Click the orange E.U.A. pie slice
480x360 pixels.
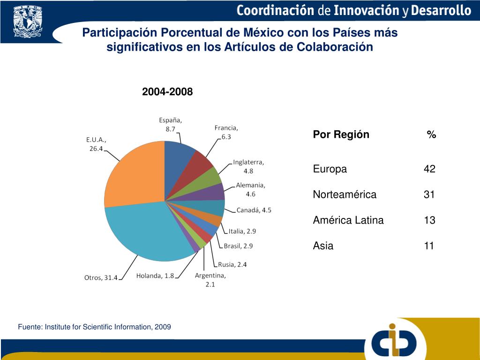(x=134, y=176)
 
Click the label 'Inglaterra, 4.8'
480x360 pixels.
(x=248, y=166)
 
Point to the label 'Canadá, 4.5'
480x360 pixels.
(x=254, y=210)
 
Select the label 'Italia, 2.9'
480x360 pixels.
(x=242, y=231)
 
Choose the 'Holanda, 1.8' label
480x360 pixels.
(x=155, y=276)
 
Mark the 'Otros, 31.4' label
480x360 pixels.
(x=101, y=277)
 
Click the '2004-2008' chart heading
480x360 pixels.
(x=167, y=92)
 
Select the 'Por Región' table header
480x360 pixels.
(x=341, y=135)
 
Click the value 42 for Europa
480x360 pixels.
(x=429, y=169)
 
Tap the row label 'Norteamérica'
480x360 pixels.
(x=345, y=195)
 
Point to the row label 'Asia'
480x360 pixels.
(x=323, y=246)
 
